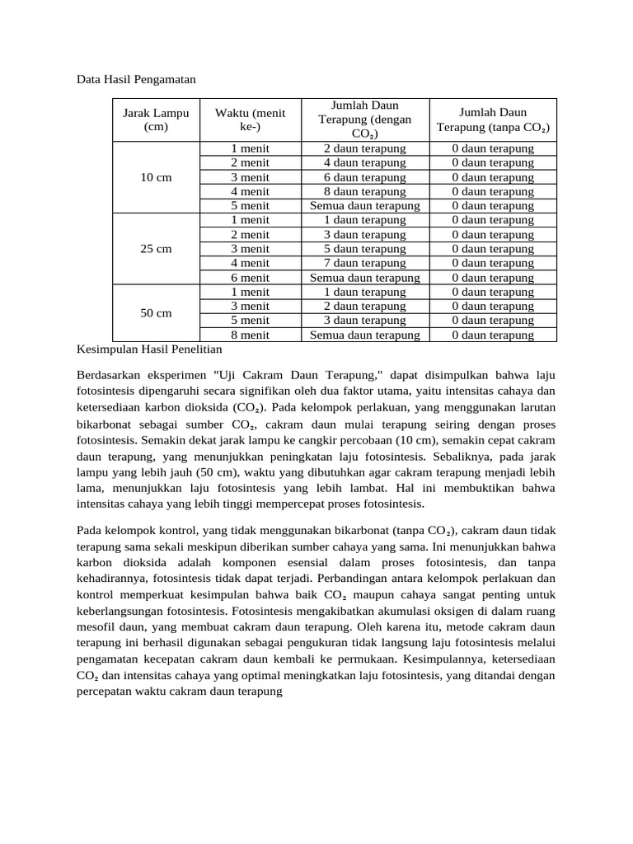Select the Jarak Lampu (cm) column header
tap(156, 120)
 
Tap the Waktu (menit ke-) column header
tap(250, 120)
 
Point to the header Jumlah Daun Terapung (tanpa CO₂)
tap(493, 120)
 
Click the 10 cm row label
tap(156, 177)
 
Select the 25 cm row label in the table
tap(156, 249)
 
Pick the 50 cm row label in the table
tap(156, 313)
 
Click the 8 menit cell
tap(250, 335)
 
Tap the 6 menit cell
tap(250, 278)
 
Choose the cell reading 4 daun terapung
tap(364, 163)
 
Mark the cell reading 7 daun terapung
tap(364, 263)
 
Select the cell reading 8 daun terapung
tap(364, 191)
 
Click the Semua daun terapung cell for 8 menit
tap(364, 335)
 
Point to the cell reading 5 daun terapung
tap(364, 249)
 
